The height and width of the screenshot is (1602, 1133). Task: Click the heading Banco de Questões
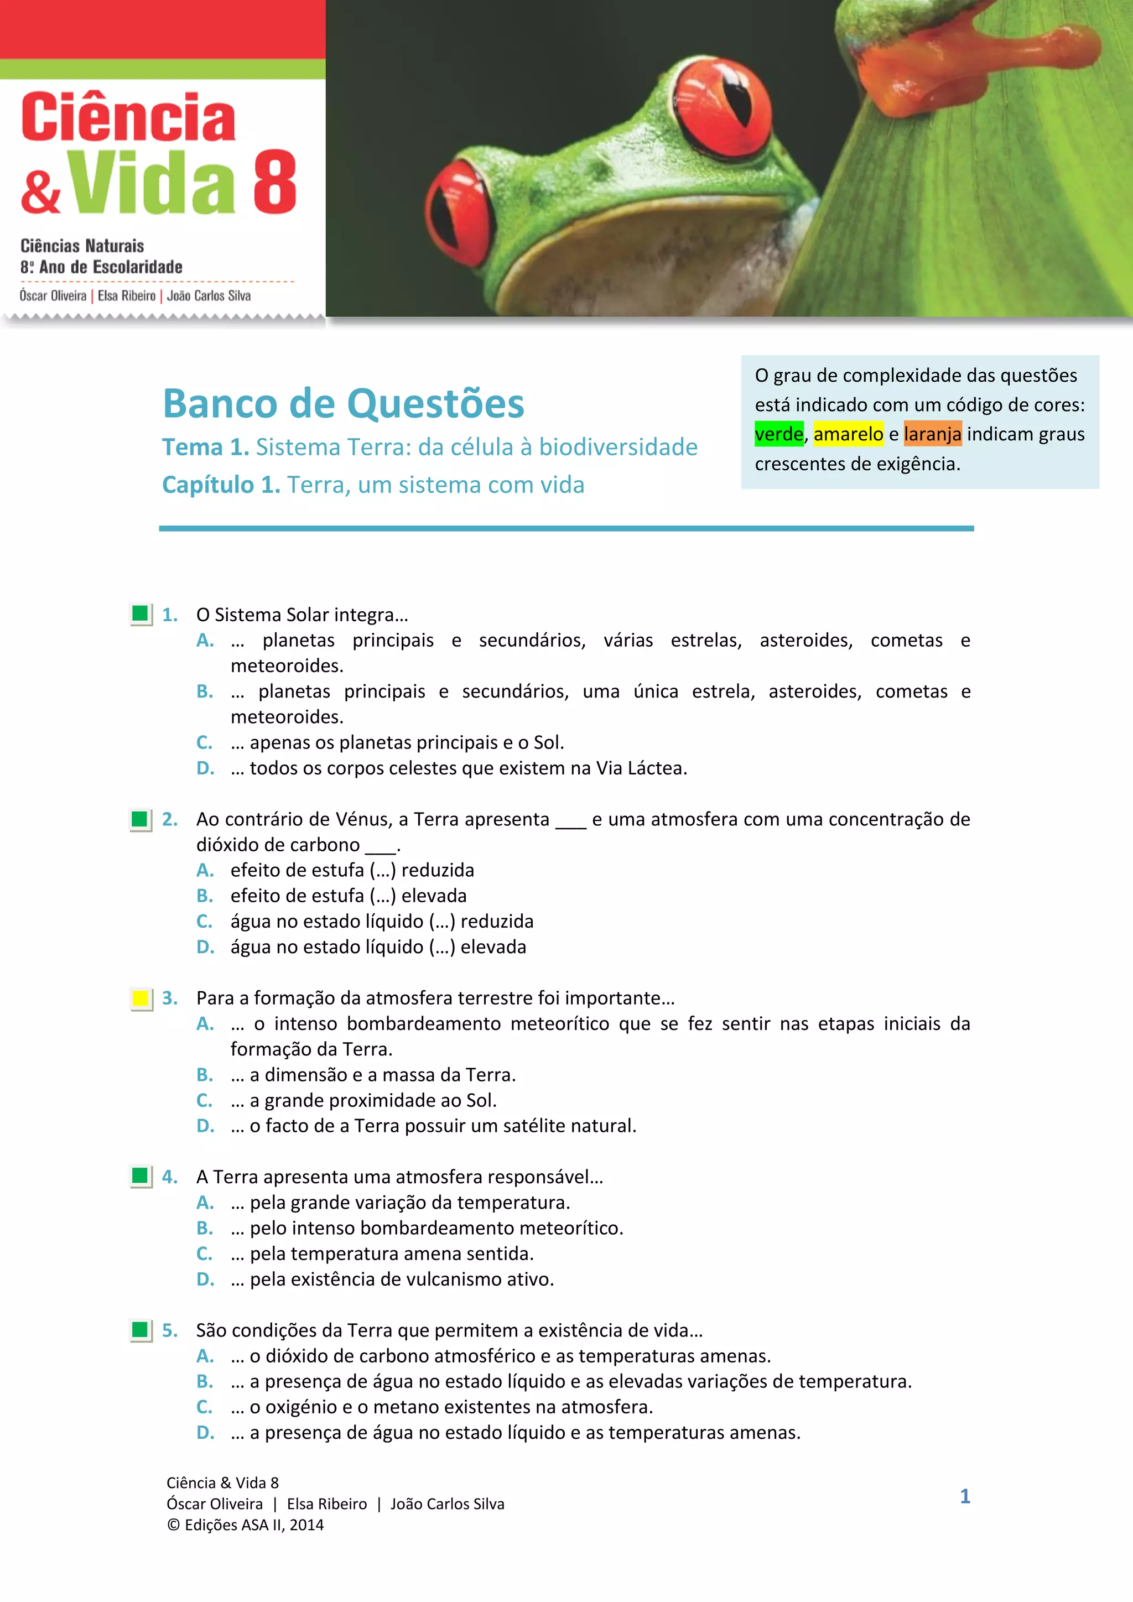(343, 404)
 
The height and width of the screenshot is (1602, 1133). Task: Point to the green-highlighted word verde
(778, 434)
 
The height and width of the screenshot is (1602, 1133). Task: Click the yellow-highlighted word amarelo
(848, 434)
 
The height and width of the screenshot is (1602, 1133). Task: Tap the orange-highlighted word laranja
(932, 434)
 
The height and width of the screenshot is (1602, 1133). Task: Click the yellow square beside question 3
(140, 998)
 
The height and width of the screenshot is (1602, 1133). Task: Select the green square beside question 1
(140, 614)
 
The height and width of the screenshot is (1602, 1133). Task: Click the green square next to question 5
(140, 1330)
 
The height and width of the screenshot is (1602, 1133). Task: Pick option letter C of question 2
(204, 922)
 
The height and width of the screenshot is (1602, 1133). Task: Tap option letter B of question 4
(204, 1228)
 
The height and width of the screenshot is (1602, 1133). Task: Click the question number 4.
(169, 1177)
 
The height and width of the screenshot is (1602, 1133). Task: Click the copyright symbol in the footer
(173, 1525)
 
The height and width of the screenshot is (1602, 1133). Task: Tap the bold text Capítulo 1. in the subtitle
(221, 485)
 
